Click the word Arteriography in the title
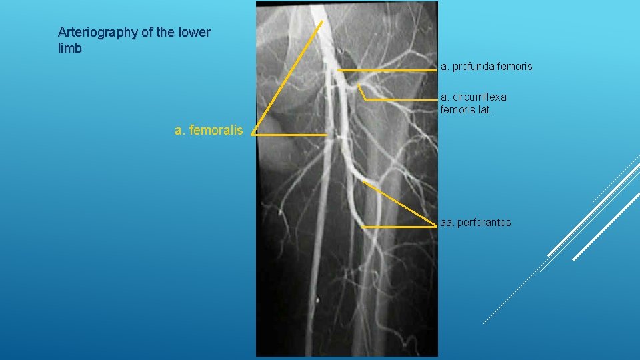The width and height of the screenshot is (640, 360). pos(90,32)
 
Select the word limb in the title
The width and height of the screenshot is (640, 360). pos(69,49)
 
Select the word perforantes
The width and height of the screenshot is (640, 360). pos(485,222)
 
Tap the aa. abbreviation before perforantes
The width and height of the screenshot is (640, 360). pos(447,222)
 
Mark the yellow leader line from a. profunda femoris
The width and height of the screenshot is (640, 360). pos(387,70)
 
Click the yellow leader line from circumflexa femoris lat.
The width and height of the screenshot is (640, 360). pos(400,99)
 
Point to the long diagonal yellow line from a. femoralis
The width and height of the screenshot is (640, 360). pos(287,77)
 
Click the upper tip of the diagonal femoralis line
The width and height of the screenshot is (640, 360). pos(321,21)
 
